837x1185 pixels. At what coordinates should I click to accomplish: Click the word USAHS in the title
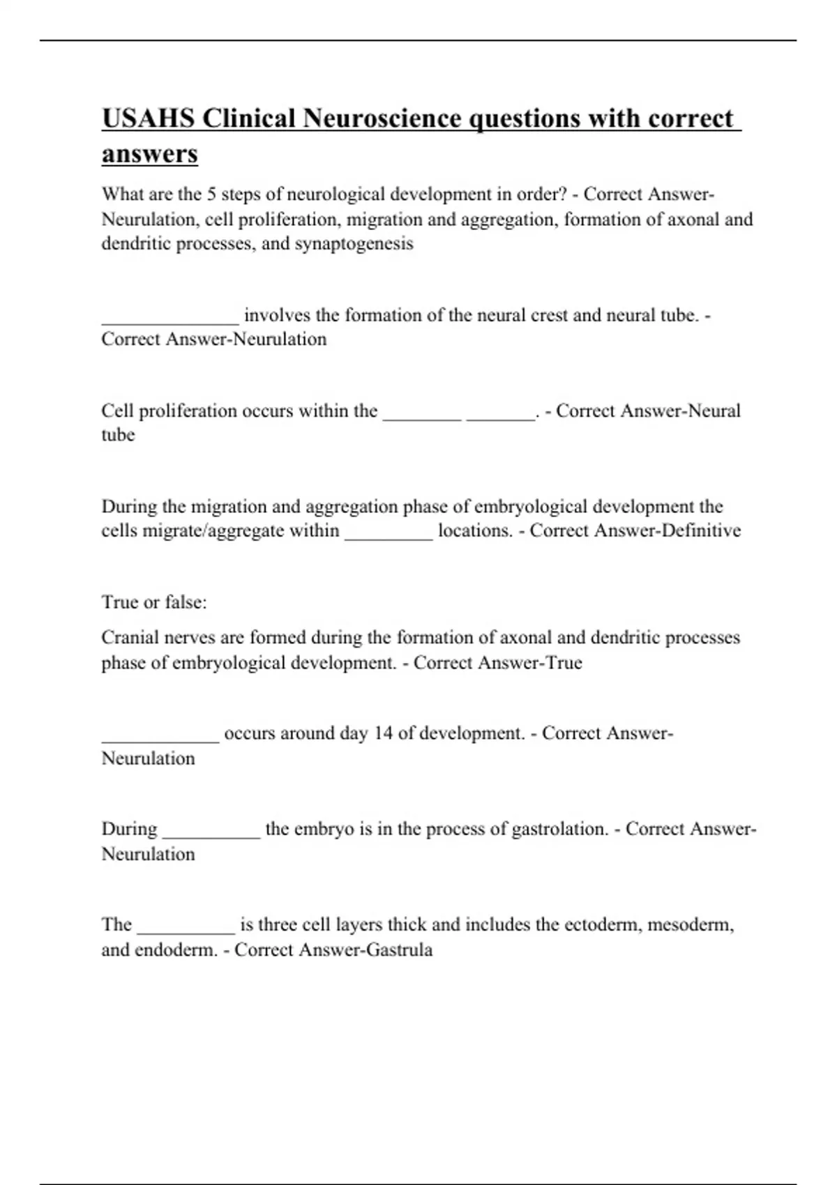[147, 118]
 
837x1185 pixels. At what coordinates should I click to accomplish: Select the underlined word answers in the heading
[150, 154]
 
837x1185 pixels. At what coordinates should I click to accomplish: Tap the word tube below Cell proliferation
[118, 435]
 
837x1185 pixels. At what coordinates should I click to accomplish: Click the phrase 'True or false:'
[154, 602]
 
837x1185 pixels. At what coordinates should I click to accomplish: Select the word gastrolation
[560, 829]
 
